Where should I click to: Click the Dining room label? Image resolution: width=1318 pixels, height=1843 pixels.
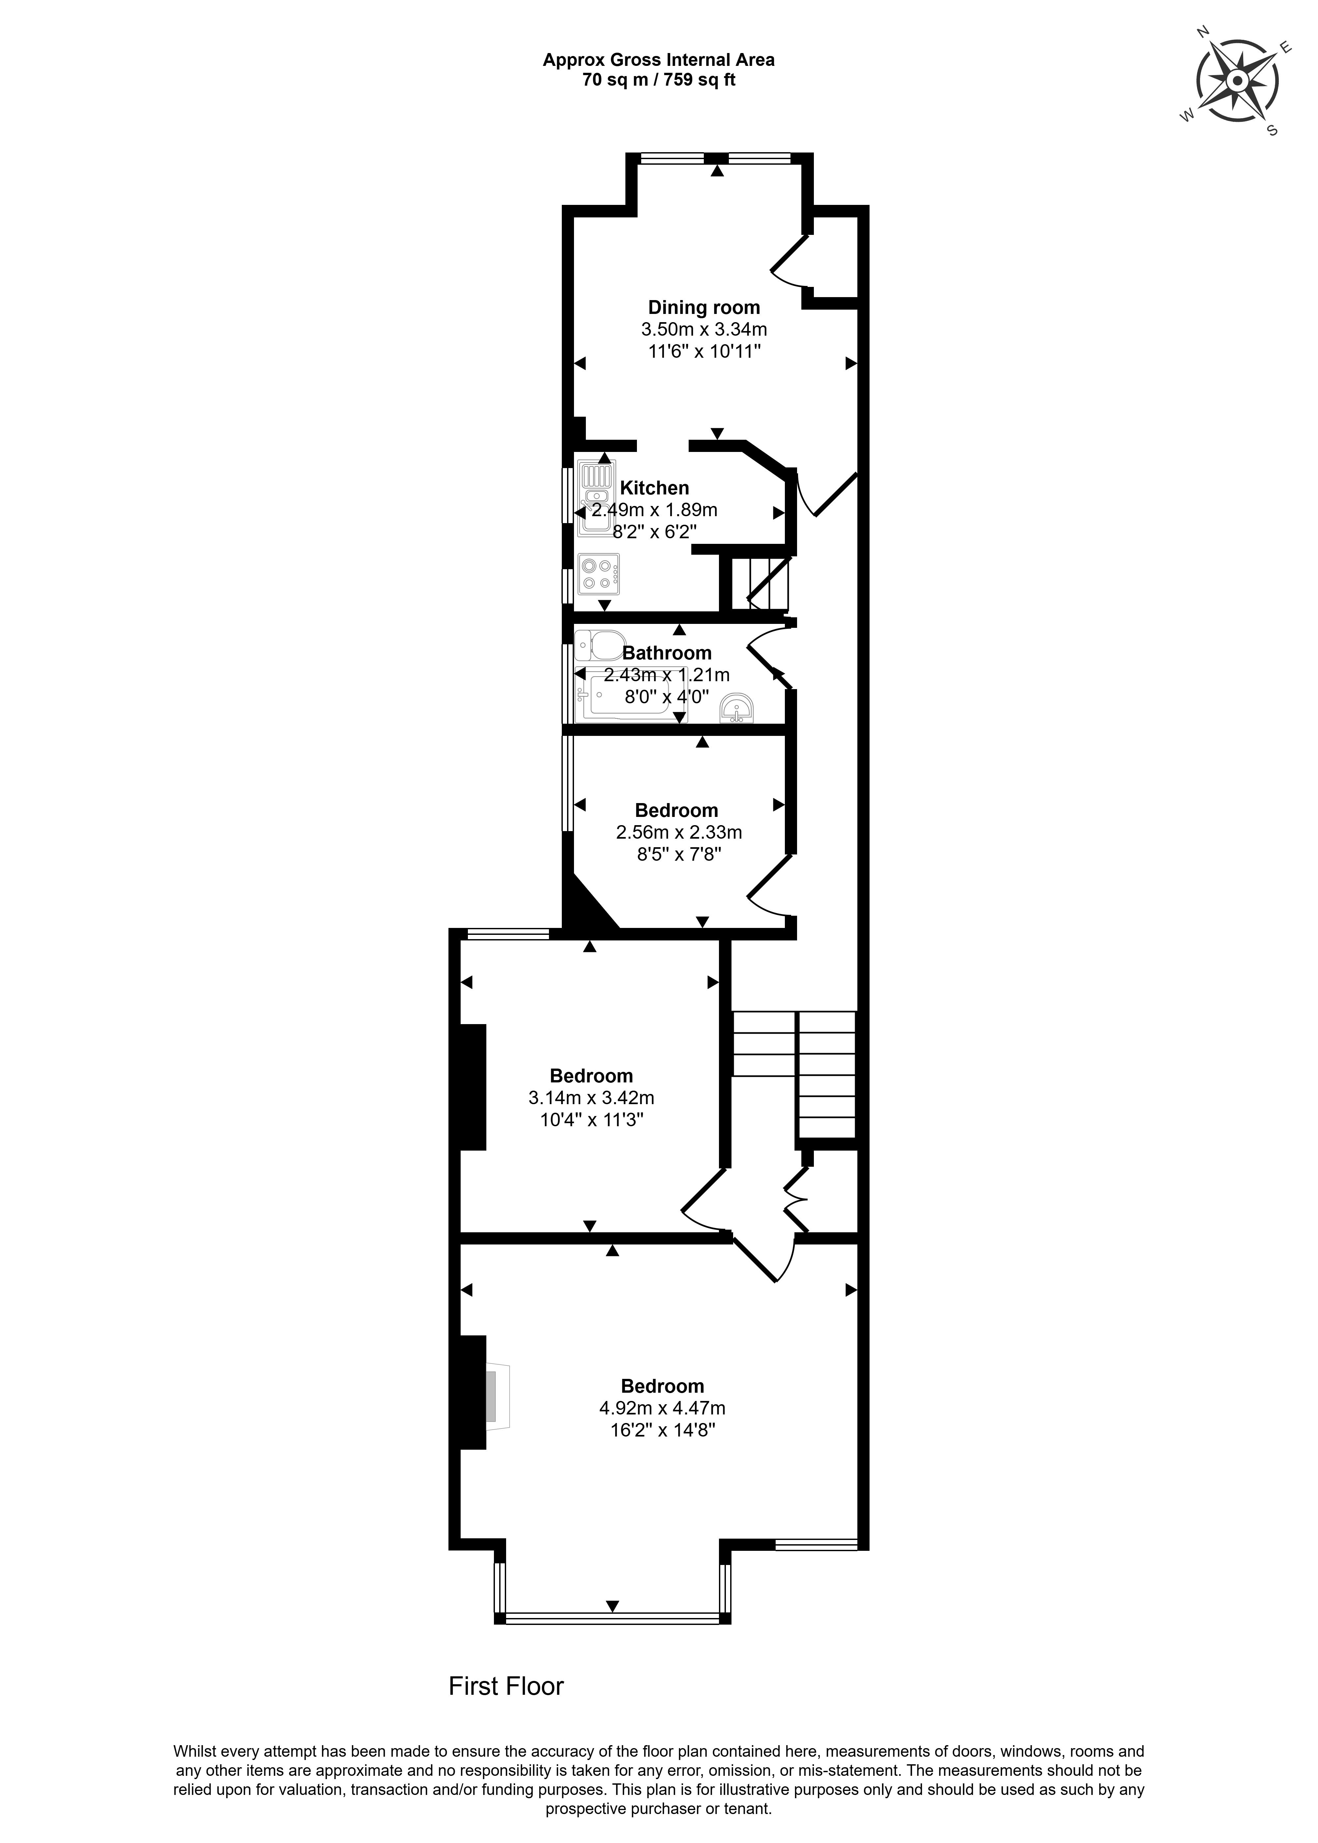(x=703, y=307)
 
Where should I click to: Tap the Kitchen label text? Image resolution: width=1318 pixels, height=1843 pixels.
(x=654, y=488)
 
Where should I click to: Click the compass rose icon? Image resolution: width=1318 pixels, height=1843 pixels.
(x=1237, y=82)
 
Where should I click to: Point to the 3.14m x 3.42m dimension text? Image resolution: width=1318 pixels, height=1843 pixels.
(x=591, y=1098)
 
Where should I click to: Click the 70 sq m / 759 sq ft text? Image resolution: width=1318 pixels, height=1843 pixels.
(x=659, y=80)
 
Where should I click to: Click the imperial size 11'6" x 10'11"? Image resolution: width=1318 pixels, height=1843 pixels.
(x=703, y=351)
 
